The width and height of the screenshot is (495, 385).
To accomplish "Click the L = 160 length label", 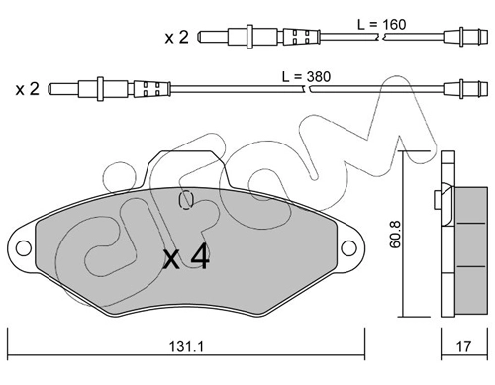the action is tap(382, 25).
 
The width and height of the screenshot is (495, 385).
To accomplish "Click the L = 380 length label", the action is tap(306, 77).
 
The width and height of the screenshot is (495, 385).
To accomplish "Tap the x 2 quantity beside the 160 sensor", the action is tap(176, 38).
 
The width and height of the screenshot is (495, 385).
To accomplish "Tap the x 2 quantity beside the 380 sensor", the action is tap(28, 89).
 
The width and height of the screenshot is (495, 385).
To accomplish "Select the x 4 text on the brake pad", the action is tap(186, 256).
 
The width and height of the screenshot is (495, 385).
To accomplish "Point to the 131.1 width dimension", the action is tap(186, 346).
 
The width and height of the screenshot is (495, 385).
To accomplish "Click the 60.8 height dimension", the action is tap(395, 234).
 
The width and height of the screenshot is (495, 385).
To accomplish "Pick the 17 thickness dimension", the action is tap(464, 346).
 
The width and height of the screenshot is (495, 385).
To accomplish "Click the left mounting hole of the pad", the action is tap(23, 248).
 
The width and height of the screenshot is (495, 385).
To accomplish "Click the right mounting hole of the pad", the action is tap(348, 248).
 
